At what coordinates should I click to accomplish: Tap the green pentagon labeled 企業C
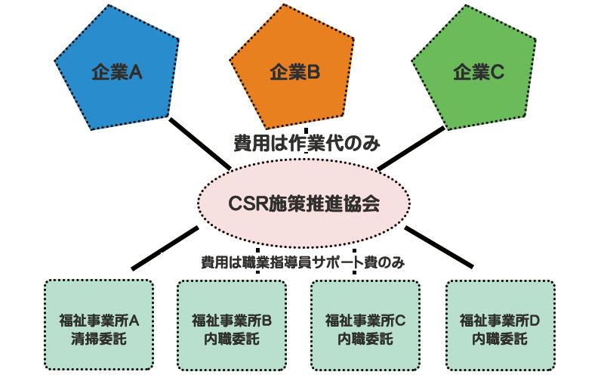[x=476, y=70]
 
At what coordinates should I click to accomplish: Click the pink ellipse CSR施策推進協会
[x=304, y=203]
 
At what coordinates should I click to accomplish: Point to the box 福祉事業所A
[x=99, y=325]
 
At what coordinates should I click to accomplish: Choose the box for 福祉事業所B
[x=232, y=325]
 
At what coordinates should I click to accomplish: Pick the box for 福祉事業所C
[x=365, y=325]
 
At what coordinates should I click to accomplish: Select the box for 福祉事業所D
[x=501, y=325]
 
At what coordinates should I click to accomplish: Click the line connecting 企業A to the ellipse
[x=200, y=144]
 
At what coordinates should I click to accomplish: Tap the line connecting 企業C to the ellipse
[x=411, y=148]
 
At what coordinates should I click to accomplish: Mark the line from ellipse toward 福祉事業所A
[x=165, y=248]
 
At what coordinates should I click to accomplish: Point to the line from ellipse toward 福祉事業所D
[x=439, y=247]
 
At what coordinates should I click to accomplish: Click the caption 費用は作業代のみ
[x=307, y=144]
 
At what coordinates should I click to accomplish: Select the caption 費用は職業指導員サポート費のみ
[x=303, y=262]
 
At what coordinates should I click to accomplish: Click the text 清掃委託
[x=99, y=339]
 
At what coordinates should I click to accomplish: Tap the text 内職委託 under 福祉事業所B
[x=232, y=339]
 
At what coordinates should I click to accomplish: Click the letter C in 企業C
[x=497, y=72]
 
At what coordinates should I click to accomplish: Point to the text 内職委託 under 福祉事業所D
[x=500, y=339]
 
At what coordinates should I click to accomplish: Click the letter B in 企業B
[x=313, y=72]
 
